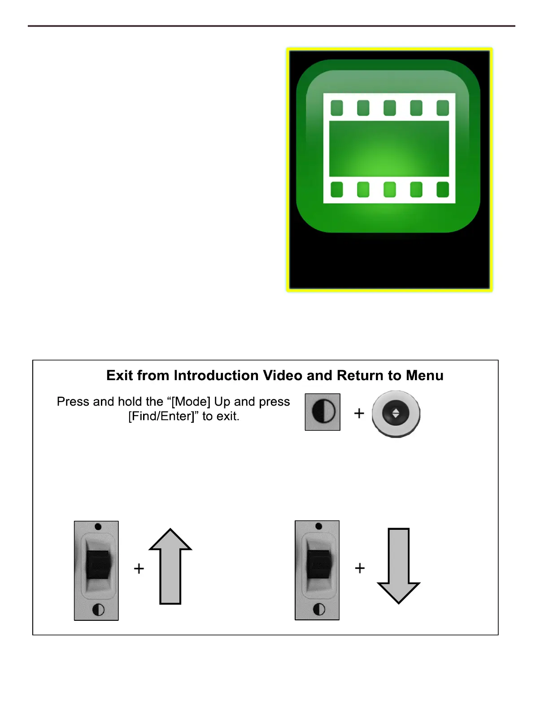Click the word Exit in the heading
(x=120, y=376)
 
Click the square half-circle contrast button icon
(x=322, y=412)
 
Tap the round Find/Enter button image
(x=396, y=413)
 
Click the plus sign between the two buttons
(x=359, y=413)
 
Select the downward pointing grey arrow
(x=398, y=566)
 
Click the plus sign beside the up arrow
(x=139, y=568)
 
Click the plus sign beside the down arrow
(x=360, y=568)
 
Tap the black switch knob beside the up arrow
(x=98, y=564)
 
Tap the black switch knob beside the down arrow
(x=319, y=564)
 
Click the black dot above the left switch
(x=98, y=527)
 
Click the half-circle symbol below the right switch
(x=319, y=609)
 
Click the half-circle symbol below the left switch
(x=98, y=610)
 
